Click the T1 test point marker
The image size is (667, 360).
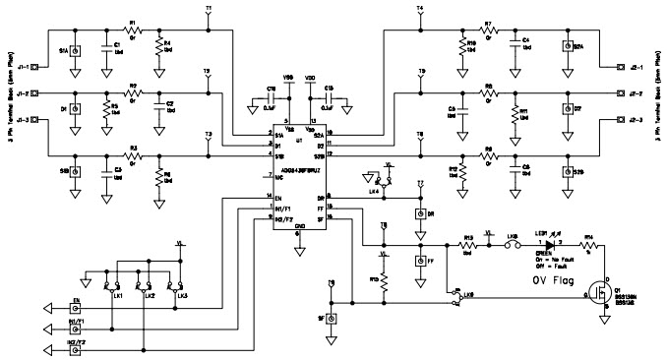pyautogui.click(x=208, y=13)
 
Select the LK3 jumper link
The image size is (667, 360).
pyautogui.click(x=178, y=286)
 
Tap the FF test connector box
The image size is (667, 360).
pyautogui.click(x=420, y=261)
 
